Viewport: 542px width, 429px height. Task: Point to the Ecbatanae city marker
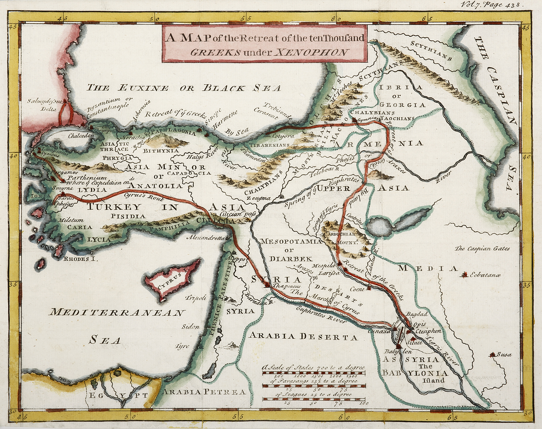(465, 274)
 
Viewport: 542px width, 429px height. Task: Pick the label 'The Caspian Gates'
(482, 248)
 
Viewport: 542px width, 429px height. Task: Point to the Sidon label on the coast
(191, 327)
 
